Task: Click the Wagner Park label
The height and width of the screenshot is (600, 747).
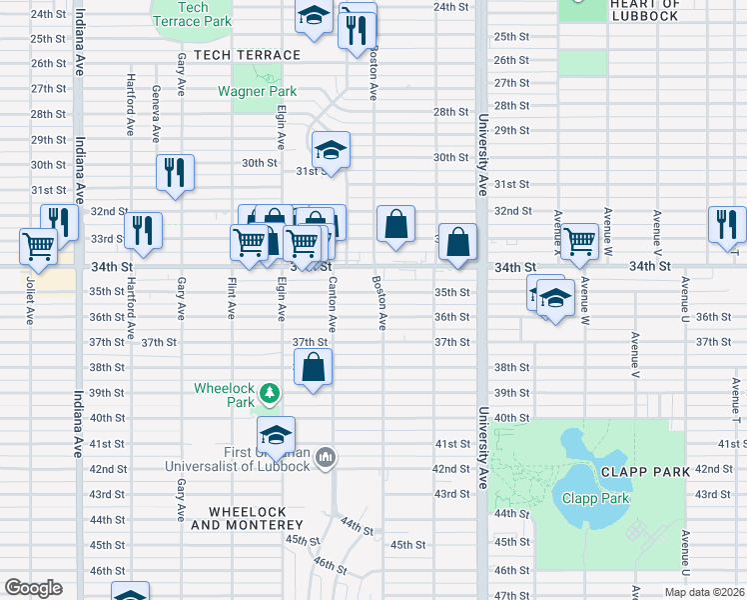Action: pos(257,91)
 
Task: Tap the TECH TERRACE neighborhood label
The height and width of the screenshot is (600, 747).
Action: pos(247,55)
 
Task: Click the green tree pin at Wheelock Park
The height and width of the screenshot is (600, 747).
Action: pos(269,390)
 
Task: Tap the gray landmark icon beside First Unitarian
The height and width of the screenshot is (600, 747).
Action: pos(325,459)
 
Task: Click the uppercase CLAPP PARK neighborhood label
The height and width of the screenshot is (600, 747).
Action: pos(639,470)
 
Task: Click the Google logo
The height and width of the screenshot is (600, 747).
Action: pos(33,588)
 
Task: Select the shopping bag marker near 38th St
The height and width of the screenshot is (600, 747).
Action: pos(313,367)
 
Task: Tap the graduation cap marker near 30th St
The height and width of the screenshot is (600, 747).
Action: pos(331,151)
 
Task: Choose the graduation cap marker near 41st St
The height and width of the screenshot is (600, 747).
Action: pos(276,435)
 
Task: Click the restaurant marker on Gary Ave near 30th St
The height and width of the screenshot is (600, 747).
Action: pos(175,173)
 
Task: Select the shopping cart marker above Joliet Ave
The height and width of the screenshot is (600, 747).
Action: pos(38,246)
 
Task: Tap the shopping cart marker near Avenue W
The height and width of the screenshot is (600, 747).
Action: pos(578,241)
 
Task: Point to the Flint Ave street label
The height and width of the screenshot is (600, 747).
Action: pos(232,298)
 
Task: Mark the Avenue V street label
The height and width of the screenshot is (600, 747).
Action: pos(634,354)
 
